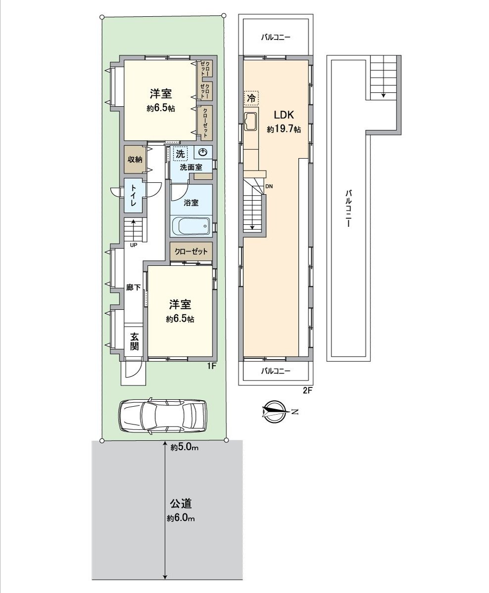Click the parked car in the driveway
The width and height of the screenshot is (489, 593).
[163, 416]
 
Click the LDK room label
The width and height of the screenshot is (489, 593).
[284, 116]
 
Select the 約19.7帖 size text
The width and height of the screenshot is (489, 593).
[284, 129]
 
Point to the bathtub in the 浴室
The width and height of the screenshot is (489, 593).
[191, 227]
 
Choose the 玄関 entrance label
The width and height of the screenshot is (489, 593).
[134, 341]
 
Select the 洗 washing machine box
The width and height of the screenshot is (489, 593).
[180, 154]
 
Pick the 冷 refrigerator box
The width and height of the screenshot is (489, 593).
[251, 98]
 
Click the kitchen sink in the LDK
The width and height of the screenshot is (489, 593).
[250, 122]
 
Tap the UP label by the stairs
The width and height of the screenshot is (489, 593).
[133, 245]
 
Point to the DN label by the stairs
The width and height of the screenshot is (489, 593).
[269, 186]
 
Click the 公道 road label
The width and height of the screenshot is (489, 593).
[180, 504]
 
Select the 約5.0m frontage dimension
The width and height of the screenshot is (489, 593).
[184, 448]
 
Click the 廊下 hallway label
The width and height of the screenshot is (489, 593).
[133, 288]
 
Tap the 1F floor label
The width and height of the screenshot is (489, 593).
[211, 366]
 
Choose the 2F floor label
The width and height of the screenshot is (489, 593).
[308, 390]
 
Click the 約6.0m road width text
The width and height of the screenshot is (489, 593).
[181, 518]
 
